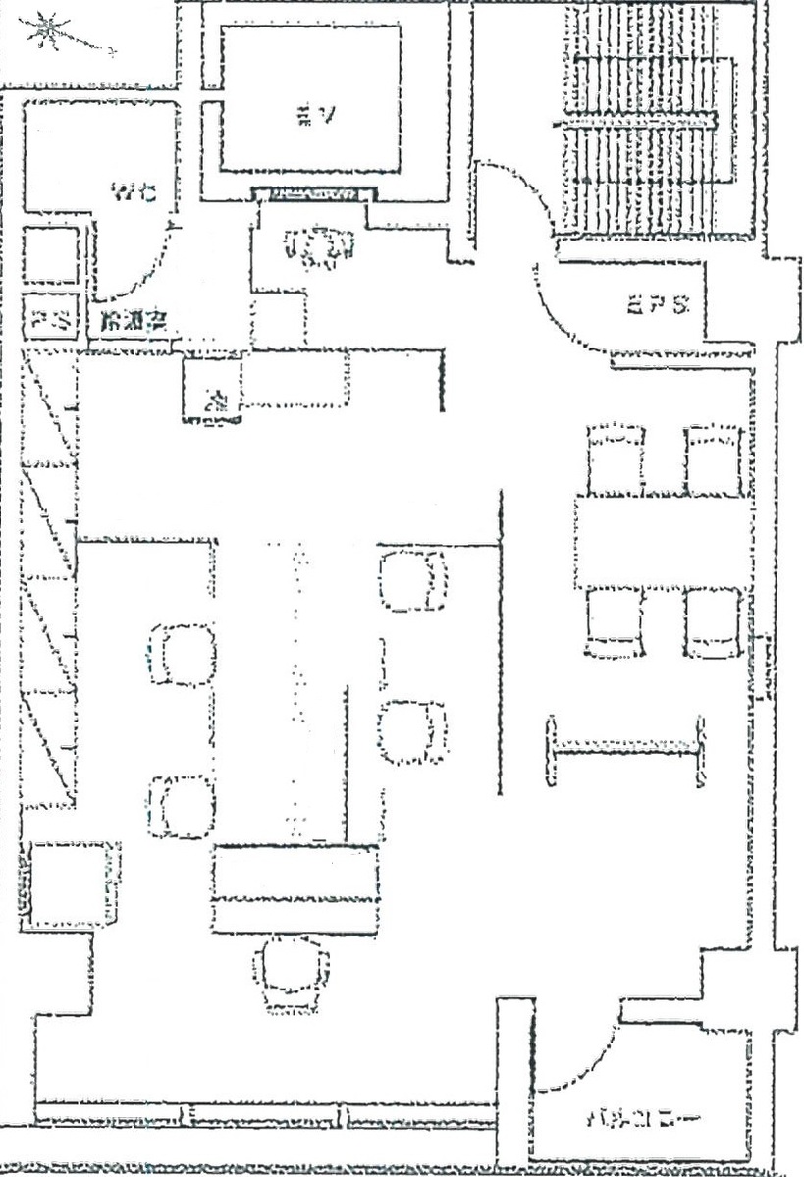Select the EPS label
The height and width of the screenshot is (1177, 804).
tap(657, 304)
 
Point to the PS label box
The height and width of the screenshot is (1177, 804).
tap(50, 319)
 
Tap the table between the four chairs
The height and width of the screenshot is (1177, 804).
tap(663, 543)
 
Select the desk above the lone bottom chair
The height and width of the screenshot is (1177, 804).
tap(295, 888)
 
